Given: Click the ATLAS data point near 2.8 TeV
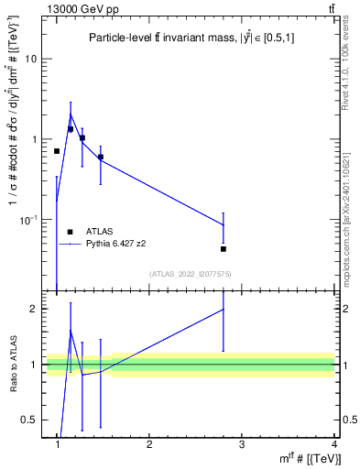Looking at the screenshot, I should coord(224,248).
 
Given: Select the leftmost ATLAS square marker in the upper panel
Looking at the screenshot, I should coord(57,151).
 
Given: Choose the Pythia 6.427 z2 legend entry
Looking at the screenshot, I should coord(111,245).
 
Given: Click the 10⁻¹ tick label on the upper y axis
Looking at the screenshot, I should coord(29,220).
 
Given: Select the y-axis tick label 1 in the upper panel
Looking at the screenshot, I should coord(36,139).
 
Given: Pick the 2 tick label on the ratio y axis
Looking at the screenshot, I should coord(36,309).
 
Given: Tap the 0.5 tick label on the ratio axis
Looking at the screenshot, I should coord(30,420).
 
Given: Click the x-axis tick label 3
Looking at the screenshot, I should coord(242,444).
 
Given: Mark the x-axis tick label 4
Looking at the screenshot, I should coord(333,444).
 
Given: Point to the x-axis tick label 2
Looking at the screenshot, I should coord(149,444).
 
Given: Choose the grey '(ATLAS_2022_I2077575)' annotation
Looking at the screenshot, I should coord(191,274).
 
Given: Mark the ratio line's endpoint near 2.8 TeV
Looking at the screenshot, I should coord(224,310).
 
